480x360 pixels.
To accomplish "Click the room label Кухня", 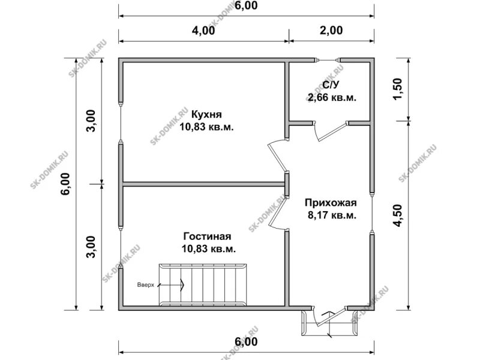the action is (206, 115).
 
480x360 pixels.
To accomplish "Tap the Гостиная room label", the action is (207, 236).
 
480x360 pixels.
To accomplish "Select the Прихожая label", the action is (331, 203).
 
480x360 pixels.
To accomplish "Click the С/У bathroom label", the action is (332, 85).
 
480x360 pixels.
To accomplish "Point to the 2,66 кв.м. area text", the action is (332, 98).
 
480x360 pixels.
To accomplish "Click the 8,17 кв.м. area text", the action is (332, 215).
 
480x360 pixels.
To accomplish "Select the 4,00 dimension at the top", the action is (203, 31).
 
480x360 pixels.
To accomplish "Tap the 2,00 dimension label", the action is (331, 31).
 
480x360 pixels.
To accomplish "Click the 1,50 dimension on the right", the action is (397, 89).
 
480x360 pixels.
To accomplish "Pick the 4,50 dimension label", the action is (397, 215).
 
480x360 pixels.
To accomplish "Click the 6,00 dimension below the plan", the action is (246, 341).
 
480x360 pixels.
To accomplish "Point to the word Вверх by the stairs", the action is (145, 285).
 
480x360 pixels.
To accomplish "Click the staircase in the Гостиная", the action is (202, 284).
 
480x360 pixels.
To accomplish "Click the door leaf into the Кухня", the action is (277, 158).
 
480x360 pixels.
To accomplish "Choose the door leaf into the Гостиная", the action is (277, 212).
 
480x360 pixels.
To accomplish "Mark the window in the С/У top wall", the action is (328, 60).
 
